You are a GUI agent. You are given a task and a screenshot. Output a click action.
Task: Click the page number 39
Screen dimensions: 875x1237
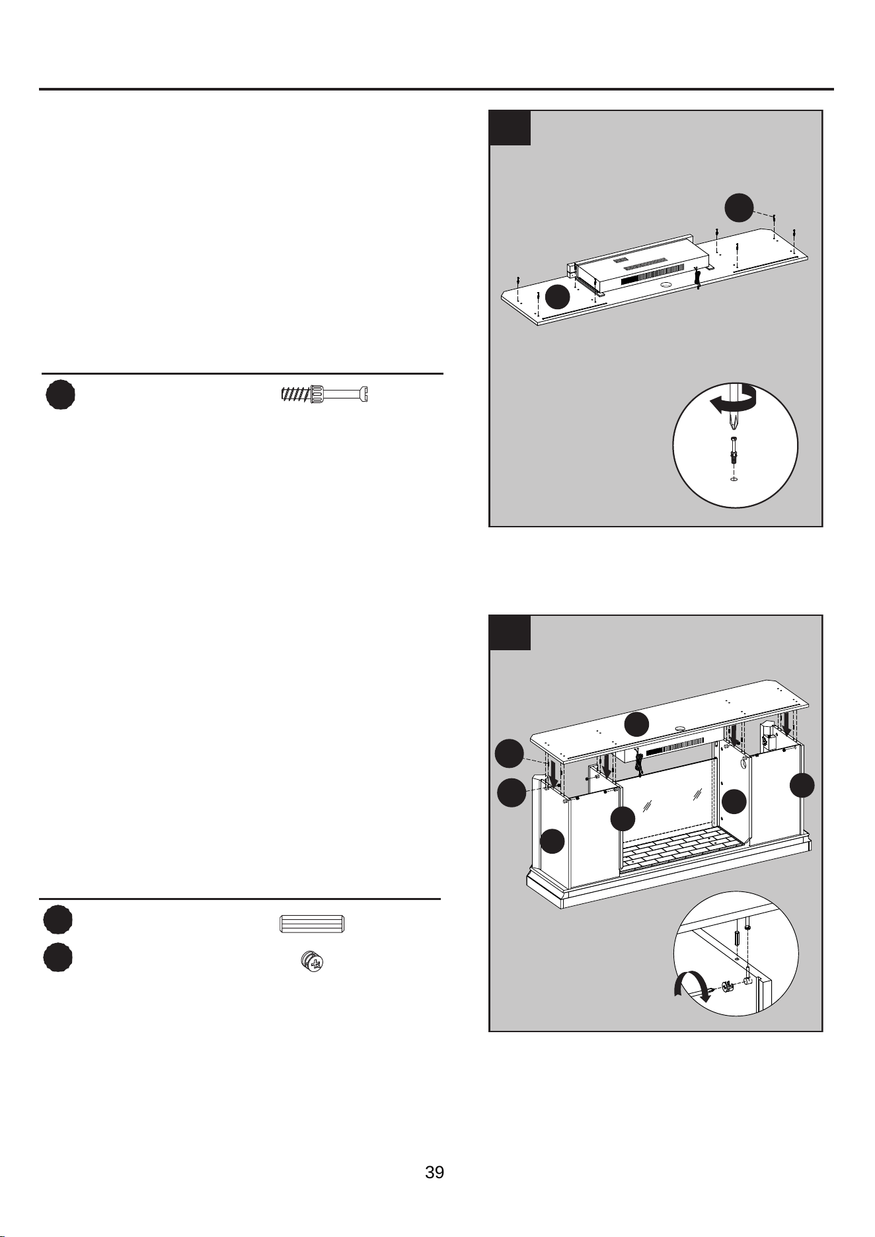(x=434, y=1172)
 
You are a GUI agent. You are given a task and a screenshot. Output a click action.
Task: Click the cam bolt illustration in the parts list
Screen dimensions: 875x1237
(x=324, y=394)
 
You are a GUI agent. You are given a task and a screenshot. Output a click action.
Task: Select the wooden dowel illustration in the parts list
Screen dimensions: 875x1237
(x=312, y=924)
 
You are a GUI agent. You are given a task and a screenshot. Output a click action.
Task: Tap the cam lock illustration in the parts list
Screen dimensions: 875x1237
(x=313, y=961)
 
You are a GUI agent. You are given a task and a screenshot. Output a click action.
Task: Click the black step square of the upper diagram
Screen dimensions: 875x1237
(x=510, y=128)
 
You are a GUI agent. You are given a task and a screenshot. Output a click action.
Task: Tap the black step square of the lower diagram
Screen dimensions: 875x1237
(x=510, y=632)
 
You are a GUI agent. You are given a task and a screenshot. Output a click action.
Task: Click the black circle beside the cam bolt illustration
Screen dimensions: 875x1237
(x=60, y=394)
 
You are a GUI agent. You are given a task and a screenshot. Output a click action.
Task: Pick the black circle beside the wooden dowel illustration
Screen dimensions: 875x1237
(x=58, y=920)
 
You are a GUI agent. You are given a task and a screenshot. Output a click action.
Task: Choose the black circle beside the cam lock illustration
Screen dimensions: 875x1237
(x=58, y=957)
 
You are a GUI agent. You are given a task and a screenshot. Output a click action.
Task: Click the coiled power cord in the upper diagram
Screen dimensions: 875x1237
(x=697, y=279)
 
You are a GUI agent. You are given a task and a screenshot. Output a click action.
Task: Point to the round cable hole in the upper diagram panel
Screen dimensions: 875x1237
(x=666, y=285)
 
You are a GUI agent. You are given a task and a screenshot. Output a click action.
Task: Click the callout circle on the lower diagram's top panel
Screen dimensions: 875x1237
(x=637, y=725)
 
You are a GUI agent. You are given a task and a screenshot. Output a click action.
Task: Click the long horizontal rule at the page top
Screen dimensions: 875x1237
(x=436, y=89)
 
